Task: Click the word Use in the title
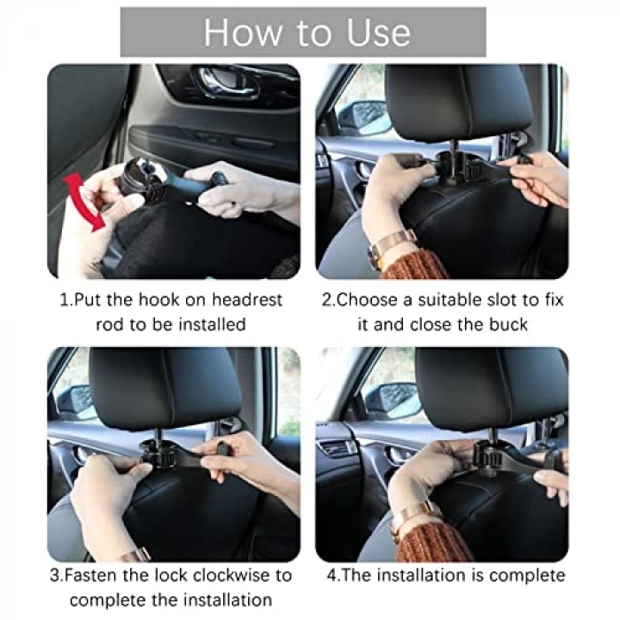(378, 33)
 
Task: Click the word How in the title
(242, 33)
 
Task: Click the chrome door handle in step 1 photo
(229, 82)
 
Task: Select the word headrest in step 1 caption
(247, 299)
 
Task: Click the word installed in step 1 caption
(212, 324)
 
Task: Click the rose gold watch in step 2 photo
(390, 247)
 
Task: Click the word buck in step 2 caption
(508, 324)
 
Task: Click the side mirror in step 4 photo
(391, 399)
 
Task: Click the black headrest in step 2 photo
(459, 104)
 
